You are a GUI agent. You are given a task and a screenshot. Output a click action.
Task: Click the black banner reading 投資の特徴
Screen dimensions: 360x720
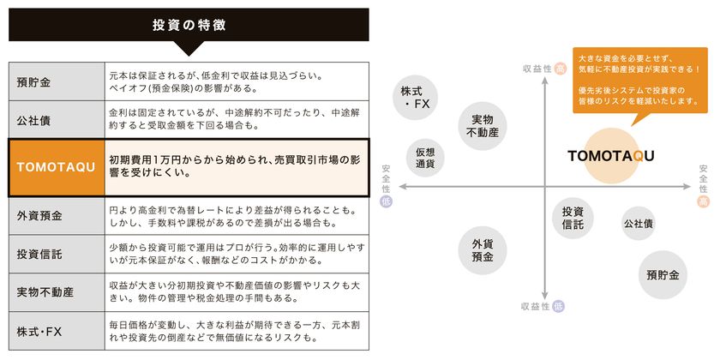(189, 25)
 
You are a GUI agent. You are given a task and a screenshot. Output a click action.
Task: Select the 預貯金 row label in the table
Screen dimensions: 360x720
(56, 82)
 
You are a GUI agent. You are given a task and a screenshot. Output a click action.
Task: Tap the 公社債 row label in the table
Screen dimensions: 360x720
(56, 119)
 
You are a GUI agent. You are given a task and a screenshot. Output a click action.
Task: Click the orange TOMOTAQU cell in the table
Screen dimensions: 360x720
(56, 165)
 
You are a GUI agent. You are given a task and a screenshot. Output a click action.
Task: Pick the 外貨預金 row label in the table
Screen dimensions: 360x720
(56, 216)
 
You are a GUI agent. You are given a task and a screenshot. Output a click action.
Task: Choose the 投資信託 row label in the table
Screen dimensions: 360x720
(56, 255)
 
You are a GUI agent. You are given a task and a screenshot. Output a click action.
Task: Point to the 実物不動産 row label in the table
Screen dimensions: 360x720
(56, 292)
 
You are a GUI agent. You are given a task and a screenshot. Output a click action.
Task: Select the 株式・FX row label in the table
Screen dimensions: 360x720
(56, 330)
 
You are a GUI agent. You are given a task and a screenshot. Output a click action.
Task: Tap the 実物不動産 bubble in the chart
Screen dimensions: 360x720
(483, 126)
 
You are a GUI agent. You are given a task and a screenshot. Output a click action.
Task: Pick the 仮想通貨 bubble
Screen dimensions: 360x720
(426, 157)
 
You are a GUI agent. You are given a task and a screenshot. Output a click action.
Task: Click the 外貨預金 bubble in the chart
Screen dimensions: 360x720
(483, 250)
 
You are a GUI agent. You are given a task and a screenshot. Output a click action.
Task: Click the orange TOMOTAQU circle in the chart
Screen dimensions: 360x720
(611, 155)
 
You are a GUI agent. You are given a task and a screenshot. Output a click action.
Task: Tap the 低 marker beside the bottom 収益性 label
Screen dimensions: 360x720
(560, 306)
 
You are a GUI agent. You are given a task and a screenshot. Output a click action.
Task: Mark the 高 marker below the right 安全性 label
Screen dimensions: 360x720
(703, 202)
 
